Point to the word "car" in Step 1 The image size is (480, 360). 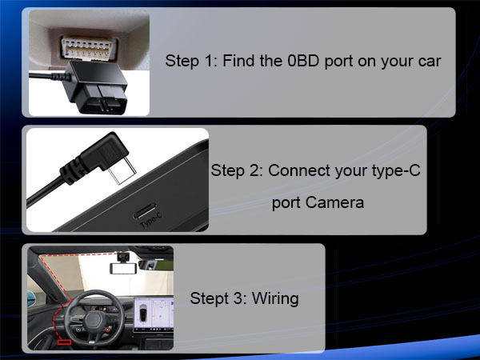428,61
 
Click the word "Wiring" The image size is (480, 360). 275,299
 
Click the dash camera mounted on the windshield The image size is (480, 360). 123,259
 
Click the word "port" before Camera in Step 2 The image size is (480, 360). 286,202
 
